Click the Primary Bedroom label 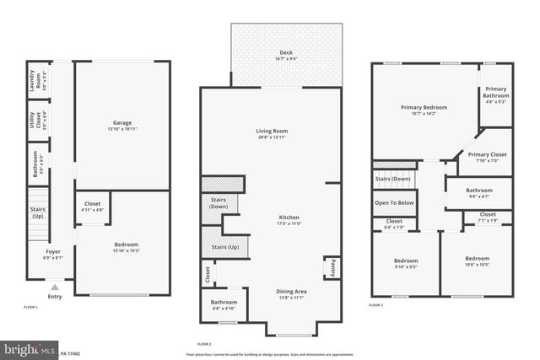424,109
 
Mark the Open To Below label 393,203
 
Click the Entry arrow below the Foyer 55,287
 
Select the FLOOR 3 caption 376,305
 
